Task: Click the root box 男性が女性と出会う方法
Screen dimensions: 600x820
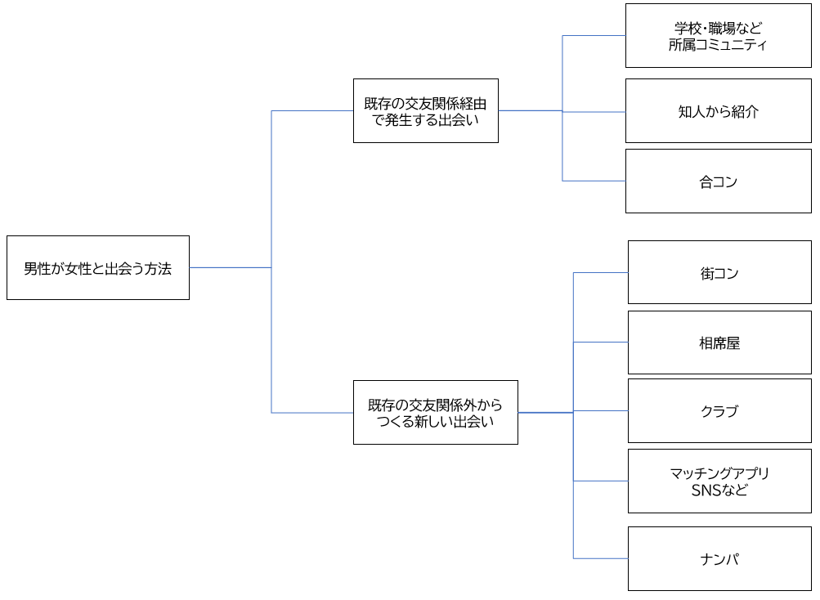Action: click(97, 267)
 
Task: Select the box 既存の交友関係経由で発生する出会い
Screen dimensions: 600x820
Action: click(425, 110)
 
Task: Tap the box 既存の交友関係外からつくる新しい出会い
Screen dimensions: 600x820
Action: click(435, 412)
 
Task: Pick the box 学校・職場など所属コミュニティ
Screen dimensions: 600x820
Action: click(718, 36)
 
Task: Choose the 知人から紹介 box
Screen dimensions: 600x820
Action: click(718, 110)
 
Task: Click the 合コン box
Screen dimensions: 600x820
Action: click(718, 181)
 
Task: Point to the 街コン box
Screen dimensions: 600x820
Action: click(719, 272)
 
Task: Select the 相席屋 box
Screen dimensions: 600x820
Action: click(719, 343)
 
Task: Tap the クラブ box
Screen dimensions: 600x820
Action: click(719, 410)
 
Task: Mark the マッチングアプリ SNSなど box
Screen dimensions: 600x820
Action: click(719, 481)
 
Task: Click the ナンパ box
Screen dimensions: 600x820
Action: click(719, 558)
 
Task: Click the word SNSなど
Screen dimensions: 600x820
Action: click(719, 490)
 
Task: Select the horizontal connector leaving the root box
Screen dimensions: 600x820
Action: click(230, 267)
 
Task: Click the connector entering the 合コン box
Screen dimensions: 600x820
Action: click(594, 181)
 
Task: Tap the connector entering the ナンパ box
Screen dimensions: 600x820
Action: click(601, 558)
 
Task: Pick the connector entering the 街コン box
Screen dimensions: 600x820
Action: click(601, 272)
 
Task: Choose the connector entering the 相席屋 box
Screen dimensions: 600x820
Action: click(601, 343)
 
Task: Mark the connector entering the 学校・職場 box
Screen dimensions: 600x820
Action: click(594, 36)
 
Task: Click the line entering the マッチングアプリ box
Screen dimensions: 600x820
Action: click(601, 481)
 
